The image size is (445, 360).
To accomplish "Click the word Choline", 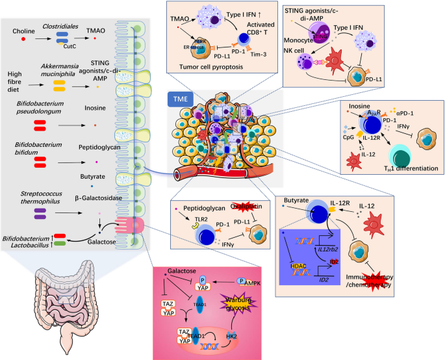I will point(23,31).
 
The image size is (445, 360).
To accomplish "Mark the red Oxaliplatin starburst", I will point(237,206).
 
